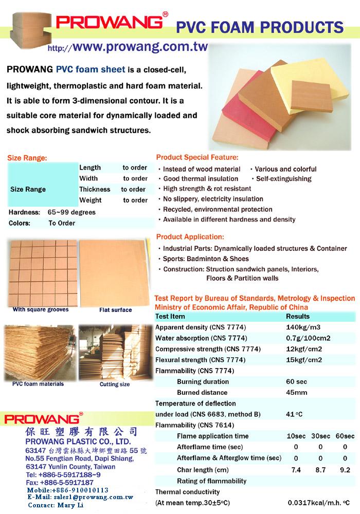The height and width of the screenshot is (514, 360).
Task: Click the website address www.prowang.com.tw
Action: tap(140, 47)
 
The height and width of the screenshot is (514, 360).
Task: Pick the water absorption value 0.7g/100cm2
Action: tap(308, 338)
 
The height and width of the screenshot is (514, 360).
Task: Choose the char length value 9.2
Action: tap(345, 470)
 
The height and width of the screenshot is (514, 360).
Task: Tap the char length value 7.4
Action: tap(296, 470)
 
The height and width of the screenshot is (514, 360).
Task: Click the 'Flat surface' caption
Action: tap(115, 310)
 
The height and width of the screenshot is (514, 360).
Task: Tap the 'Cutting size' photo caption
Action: tap(115, 384)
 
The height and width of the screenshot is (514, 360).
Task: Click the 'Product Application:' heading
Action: tap(190, 237)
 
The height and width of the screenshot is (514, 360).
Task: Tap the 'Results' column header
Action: tap(298, 316)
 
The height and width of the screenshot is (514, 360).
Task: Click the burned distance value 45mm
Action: tap(296, 393)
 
